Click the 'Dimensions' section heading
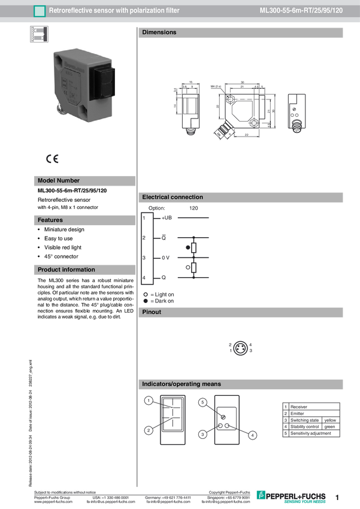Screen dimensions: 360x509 [159, 32]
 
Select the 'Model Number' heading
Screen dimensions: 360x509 [58, 180]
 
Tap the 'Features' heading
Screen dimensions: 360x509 [50, 220]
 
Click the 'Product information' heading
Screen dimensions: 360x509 [66, 269]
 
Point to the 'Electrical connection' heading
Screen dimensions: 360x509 [172, 197]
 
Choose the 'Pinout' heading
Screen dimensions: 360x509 [152, 312]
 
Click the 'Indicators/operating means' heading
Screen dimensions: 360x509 [181, 384]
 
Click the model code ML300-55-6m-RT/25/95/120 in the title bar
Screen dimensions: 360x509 [301, 11]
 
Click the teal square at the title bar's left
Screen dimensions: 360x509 [40, 11]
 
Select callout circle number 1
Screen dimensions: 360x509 [148, 400]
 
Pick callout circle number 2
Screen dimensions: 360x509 [148, 430]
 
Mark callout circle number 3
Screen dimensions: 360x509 [202, 434]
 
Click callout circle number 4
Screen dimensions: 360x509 [252, 435]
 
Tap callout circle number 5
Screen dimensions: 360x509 [202, 403]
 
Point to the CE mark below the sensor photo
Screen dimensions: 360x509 [52, 159]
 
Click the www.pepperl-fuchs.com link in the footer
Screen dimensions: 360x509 [54, 502]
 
